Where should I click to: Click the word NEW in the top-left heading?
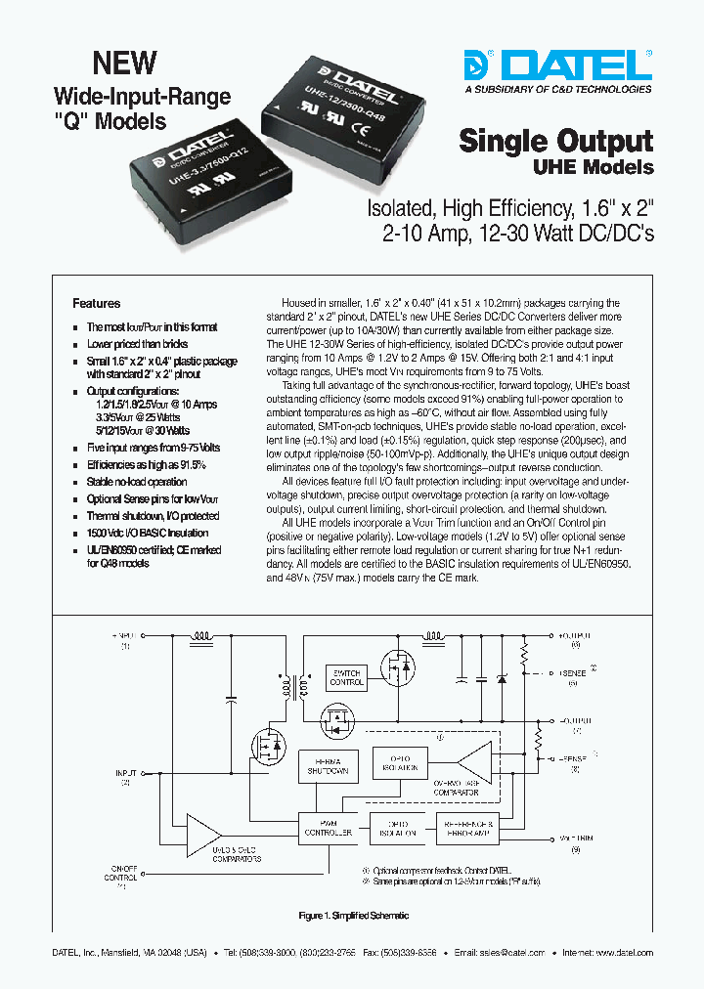pos(124,64)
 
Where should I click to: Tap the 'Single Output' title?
pos(555,141)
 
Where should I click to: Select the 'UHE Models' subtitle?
pos(593,167)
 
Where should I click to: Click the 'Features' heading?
pos(97,304)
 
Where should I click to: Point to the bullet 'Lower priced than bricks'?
pos(137,344)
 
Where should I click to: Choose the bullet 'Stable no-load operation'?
pos(136,482)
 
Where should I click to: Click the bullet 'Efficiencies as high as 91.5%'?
pos(146,465)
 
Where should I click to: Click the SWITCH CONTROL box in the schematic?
pos(347,677)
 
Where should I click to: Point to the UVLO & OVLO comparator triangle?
pos(204,834)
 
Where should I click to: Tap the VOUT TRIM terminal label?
pos(576,838)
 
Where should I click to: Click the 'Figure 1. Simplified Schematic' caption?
pos(353,916)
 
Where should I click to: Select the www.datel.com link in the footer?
pos(623,952)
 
